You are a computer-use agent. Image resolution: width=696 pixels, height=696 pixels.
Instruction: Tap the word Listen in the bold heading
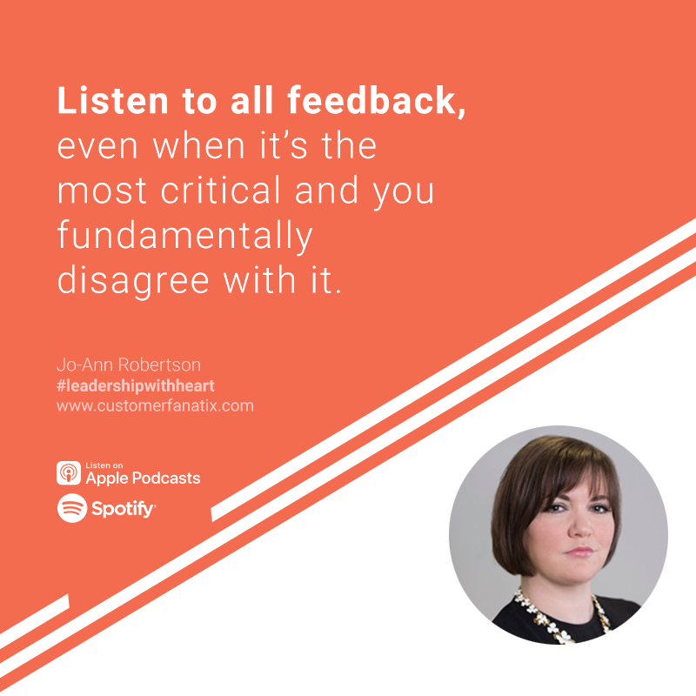click(x=113, y=100)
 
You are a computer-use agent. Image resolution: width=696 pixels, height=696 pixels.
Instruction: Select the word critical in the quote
click(x=221, y=190)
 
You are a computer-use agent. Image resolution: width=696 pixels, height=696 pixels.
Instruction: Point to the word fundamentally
click(x=185, y=236)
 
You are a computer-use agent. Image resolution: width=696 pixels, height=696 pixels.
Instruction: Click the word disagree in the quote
click(x=133, y=279)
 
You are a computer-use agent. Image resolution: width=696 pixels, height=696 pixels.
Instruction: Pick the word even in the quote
click(x=97, y=146)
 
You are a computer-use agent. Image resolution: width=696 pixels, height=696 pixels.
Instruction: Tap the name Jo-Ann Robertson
click(x=129, y=365)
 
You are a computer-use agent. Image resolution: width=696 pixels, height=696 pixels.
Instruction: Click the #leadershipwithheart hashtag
click(x=136, y=385)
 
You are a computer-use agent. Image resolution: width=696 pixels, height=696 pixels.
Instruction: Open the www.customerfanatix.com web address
click(x=155, y=405)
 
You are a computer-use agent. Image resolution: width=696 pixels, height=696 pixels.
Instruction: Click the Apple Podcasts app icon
click(x=69, y=472)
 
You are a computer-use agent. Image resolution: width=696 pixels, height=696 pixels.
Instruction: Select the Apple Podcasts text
click(x=143, y=478)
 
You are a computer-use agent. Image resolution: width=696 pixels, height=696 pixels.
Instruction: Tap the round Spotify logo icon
click(x=72, y=508)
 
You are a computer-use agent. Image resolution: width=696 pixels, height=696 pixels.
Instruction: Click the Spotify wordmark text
click(x=123, y=509)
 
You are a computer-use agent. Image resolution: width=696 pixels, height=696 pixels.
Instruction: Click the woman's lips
click(x=579, y=552)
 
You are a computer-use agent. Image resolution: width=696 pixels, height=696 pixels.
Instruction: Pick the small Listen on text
click(x=104, y=465)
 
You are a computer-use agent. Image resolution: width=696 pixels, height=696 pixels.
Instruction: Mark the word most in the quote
click(x=102, y=191)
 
